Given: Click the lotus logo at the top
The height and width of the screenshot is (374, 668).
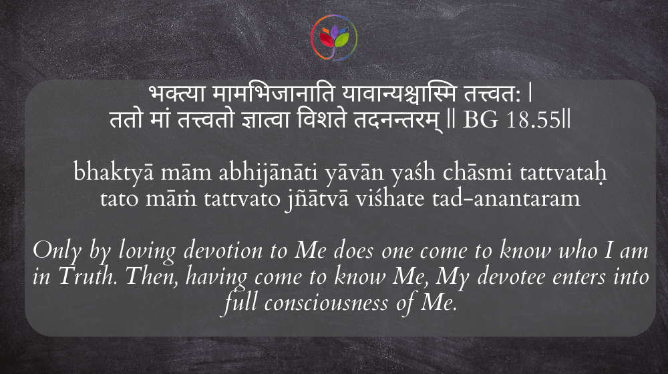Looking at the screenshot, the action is tap(334, 37).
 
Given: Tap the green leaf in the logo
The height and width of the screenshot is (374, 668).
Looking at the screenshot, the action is tap(341, 39).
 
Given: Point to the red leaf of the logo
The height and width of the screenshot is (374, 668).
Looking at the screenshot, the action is tap(327, 39).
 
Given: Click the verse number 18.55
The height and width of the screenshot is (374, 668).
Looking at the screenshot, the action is tap(533, 120).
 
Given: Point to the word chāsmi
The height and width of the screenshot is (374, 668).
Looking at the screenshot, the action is tap(477, 172).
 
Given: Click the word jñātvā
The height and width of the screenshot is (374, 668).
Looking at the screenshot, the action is tap(317, 199).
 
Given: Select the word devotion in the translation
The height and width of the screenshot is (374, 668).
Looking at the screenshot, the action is tap(223, 250).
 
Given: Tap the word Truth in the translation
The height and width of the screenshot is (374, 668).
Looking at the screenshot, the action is tap(88, 276).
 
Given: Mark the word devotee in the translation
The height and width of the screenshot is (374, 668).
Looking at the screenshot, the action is tap(511, 276).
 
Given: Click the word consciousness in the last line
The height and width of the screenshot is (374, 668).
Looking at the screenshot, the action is tap(327, 303).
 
